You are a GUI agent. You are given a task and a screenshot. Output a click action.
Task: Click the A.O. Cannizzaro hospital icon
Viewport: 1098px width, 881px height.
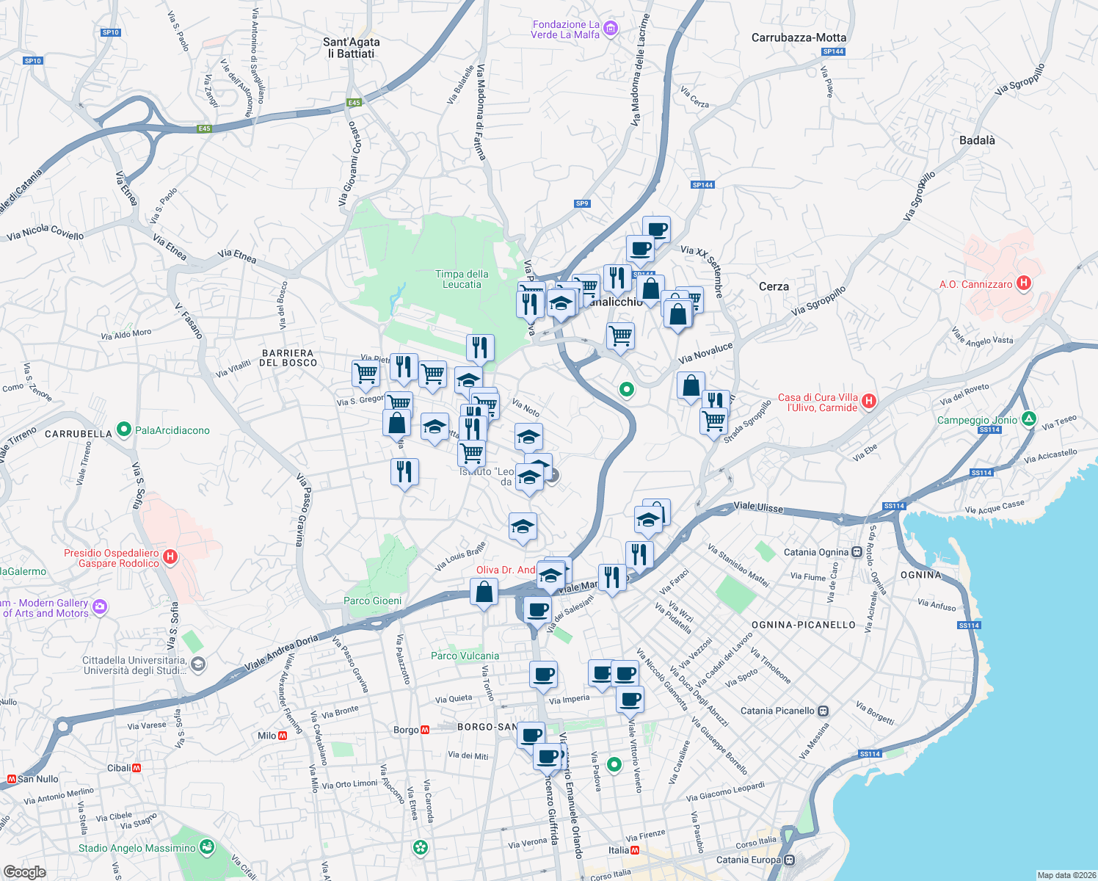[x=1025, y=283]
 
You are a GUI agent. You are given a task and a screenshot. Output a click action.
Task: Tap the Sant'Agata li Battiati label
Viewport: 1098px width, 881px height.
[x=352, y=48]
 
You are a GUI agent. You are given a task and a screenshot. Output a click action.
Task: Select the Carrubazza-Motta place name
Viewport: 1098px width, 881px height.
[x=799, y=37]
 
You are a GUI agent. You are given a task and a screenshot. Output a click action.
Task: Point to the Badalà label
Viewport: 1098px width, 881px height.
[x=977, y=140]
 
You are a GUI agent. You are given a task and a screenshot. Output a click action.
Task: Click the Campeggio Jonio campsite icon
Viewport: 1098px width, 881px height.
[x=1029, y=419]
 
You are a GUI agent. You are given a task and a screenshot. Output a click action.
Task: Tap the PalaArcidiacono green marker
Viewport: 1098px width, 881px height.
[x=124, y=429]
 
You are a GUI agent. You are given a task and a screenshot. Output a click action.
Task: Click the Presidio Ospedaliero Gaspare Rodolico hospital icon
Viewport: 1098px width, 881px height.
[x=170, y=558]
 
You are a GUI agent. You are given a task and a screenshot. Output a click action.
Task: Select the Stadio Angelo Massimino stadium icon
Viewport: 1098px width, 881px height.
[x=207, y=847]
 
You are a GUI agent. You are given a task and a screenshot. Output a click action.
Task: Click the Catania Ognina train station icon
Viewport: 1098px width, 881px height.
[x=856, y=552]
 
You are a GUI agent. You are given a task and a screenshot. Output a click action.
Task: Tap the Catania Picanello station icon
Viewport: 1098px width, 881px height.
[x=823, y=711]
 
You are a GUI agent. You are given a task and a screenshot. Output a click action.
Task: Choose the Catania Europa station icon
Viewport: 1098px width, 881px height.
[x=789, y=860]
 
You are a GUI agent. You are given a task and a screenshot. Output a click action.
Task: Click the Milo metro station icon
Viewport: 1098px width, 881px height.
[x=283, y=736]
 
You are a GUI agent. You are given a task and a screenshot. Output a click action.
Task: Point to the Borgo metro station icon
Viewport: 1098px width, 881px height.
[x=425, y=730]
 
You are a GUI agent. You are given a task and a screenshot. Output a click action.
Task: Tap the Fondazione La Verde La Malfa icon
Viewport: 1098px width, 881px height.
[x=611, y=29]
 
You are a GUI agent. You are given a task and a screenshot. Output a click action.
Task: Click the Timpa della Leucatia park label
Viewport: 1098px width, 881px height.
[x=462, y=279]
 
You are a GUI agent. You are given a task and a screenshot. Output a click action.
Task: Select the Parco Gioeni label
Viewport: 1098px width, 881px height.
[x=372, y=601]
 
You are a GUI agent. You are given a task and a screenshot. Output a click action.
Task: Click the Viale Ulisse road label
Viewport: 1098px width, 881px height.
[x=758, y=507]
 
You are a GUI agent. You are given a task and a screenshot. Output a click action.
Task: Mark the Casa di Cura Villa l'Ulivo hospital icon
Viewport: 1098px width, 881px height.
[x=869, y=401]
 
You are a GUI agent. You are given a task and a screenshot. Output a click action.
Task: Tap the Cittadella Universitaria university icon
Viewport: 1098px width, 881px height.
[x=197, y=664]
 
